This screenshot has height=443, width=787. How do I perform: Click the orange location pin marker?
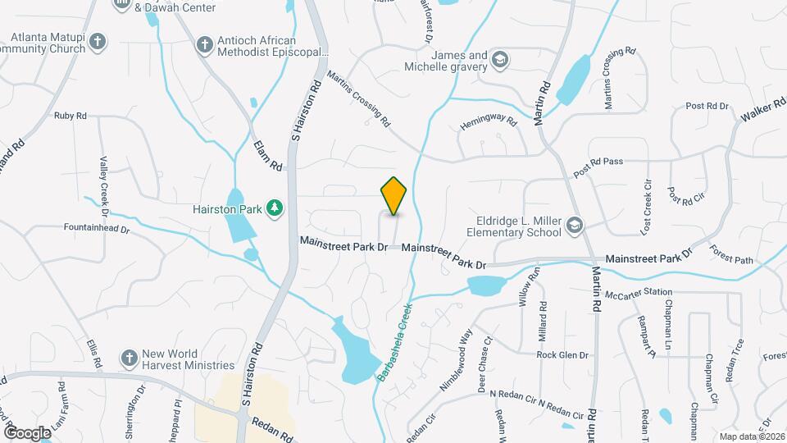(394, 196)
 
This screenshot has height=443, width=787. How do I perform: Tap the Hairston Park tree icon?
(275, 209)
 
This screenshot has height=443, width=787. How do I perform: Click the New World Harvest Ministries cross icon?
(128, 358)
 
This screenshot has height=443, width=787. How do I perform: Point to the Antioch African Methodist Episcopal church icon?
(204, 43)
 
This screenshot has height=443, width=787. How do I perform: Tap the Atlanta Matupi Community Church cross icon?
(98, 42)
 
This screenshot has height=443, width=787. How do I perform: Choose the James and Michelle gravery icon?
(500, 59)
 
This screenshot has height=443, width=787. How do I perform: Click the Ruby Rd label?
(71, 116)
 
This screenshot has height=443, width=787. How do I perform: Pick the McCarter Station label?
(638, 292)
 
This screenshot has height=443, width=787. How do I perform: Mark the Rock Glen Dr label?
(563, 355)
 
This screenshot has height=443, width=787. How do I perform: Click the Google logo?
(28, 432)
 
